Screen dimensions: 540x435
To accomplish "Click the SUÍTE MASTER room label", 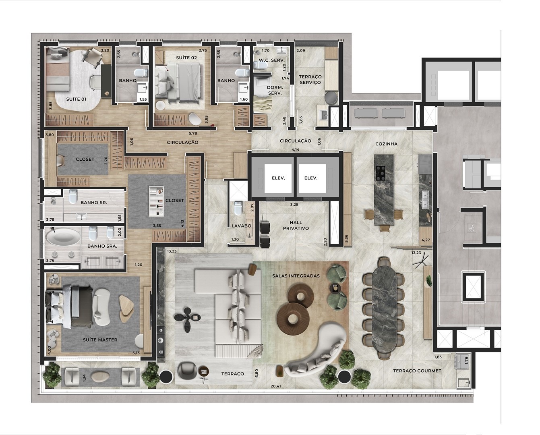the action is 100,340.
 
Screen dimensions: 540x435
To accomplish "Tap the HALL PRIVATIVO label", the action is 296,226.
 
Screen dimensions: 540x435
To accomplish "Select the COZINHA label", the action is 387,144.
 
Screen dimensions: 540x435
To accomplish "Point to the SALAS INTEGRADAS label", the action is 296,276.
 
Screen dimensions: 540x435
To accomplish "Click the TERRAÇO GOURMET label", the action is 417,371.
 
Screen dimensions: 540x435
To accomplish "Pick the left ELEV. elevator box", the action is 278,178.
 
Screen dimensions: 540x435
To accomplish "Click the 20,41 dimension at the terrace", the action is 276,386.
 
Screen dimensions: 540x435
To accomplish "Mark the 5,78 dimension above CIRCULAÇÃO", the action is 193,133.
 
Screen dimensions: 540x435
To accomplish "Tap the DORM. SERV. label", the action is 275,90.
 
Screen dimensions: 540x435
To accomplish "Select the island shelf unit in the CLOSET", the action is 156,201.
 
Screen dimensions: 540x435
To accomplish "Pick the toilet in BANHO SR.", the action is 73,197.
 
